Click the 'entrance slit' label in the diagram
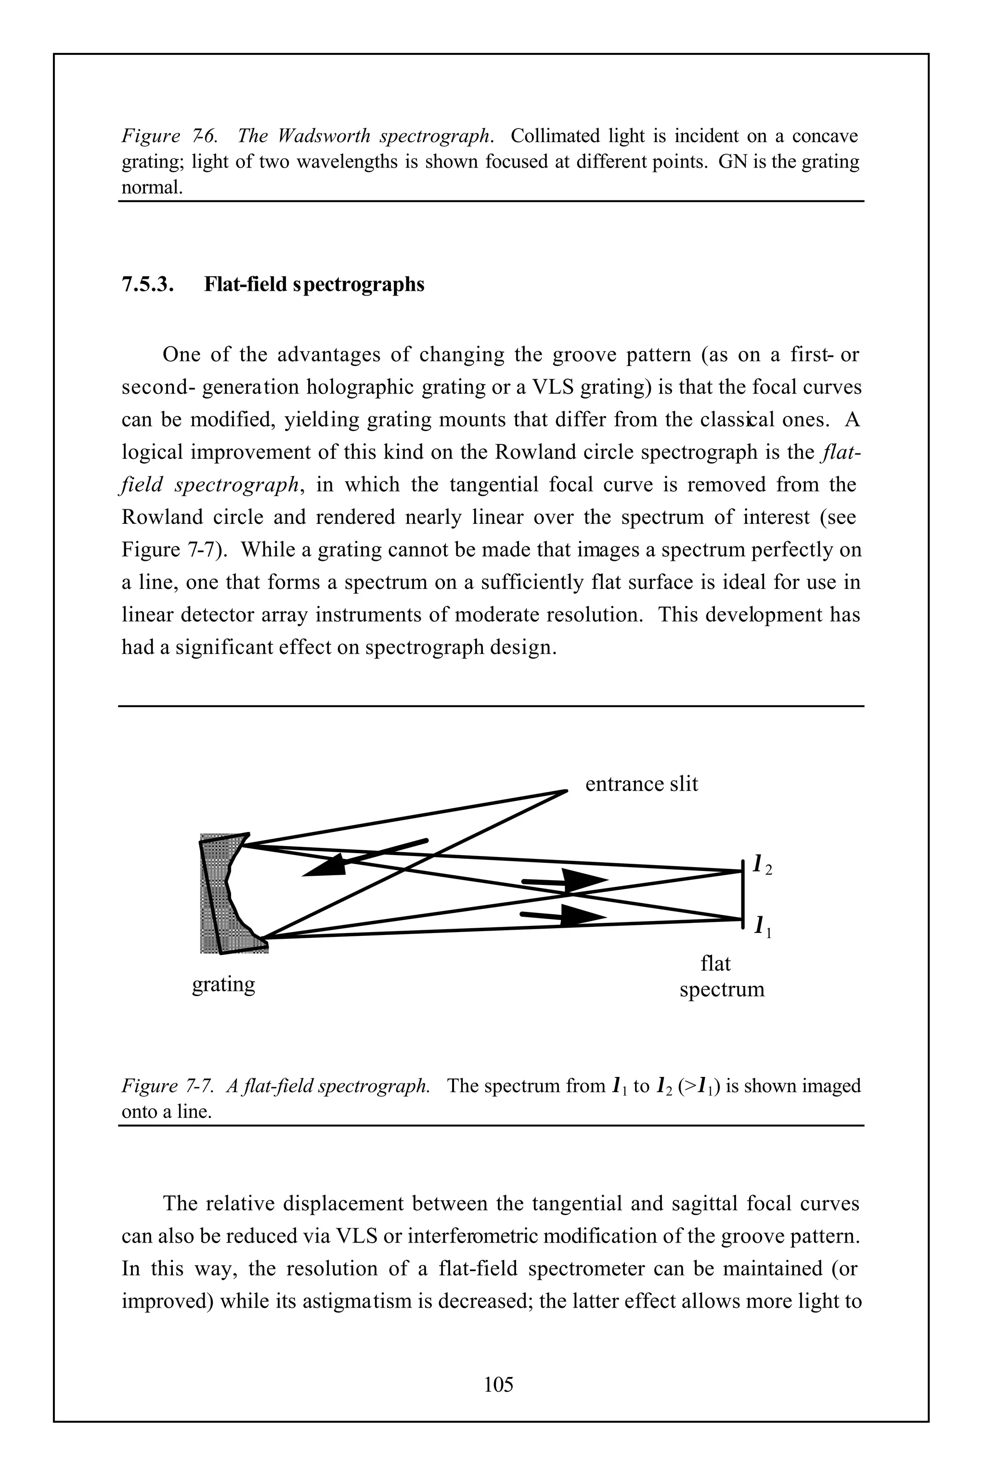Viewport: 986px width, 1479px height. click(641, 784)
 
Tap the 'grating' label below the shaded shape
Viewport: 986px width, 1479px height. click(223, 984)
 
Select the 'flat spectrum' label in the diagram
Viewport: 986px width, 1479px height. click(721, 976)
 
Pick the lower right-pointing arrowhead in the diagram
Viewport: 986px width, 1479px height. click(581, 916)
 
